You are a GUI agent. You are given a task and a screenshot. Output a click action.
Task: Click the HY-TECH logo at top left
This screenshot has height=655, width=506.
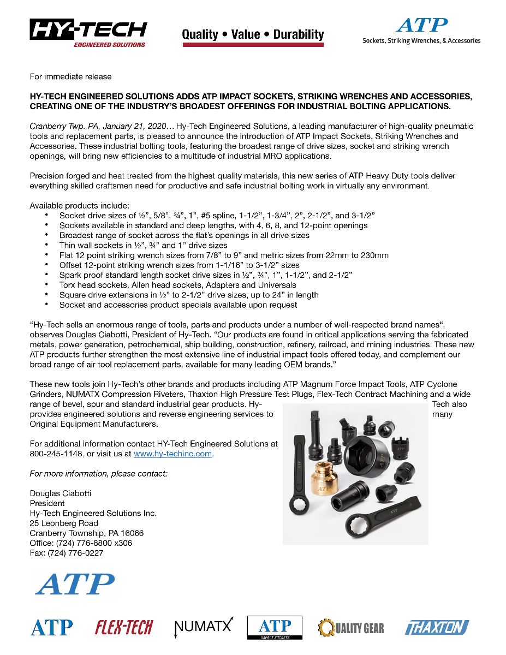click(x=88, y=33)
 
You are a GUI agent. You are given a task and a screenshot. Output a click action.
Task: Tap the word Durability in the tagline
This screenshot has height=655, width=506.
click(x=299, y=34)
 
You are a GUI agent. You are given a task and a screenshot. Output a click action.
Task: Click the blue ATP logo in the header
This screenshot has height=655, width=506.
click(x=421, y=26)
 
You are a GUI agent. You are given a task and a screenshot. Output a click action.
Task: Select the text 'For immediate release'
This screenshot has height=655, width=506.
click(x=70, y=76)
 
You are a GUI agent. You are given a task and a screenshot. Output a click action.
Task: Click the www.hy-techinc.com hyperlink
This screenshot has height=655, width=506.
click(x=172, y=454)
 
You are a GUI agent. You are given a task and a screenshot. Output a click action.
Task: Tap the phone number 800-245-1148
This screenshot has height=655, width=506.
click(x=56, y=454)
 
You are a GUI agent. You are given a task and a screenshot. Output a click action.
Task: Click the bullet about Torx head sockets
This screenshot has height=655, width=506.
click(x=177, y=285)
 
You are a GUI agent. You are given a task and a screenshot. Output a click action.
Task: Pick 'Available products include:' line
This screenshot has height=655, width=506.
click(x=79, y=206)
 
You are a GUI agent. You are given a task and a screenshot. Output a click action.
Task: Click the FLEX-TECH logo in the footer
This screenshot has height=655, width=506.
click(x=124, y=627)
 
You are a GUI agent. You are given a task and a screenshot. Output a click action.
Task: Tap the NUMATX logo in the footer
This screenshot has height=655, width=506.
click(x=203, y=627)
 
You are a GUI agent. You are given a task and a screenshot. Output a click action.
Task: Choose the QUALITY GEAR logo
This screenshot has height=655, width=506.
click(x=351, y=628)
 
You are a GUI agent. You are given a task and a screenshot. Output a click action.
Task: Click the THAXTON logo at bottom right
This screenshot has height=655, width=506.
click(x=437, y=628)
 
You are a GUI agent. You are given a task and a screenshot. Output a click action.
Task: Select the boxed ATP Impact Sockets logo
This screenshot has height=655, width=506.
click(x=275, y=627)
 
